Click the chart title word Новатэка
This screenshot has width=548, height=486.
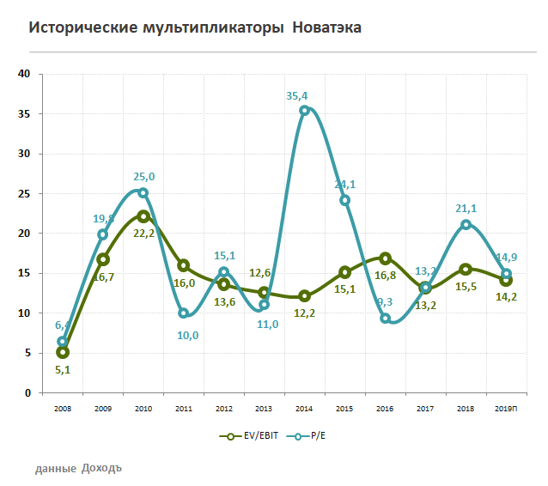click(x=326, y=27)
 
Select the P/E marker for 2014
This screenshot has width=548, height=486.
click(x=304, y=110)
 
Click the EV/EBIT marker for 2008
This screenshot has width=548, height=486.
click(x=62, y=352)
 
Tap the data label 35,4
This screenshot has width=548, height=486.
click(x=298, y=96)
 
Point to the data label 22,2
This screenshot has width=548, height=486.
click(x=144, y=233)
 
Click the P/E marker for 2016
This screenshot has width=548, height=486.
click(x=385, y=319)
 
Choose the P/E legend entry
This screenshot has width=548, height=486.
click(x=309, y=436)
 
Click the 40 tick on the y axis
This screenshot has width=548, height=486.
click(x=24, y=74)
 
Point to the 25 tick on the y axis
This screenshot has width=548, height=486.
click(x=24, y=193)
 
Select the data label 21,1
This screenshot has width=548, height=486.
click(x=464, y=210)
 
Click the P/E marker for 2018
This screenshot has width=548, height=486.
click(x=466, y=225)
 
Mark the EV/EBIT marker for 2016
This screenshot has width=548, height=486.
click(x=385, y=258)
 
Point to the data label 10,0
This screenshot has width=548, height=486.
click(x=187, y=336)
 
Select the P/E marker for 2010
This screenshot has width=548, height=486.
click(x=143, y=193)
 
